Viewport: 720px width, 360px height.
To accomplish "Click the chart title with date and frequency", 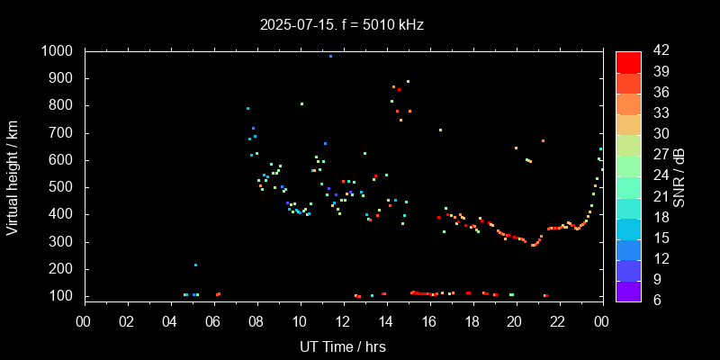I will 360,25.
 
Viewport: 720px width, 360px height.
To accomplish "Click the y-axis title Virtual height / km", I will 13,175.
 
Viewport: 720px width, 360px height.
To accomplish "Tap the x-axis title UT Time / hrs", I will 343,346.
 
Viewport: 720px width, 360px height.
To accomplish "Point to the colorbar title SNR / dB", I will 679,175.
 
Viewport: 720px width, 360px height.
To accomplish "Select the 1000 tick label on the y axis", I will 57,51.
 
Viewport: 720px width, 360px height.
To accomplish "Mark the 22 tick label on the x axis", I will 558,320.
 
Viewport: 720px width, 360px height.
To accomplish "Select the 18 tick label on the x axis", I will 472,320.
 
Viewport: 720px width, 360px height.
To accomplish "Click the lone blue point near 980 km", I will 330,56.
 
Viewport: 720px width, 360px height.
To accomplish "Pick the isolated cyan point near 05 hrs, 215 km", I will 195,265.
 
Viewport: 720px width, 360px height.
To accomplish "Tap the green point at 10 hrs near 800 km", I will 301,103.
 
